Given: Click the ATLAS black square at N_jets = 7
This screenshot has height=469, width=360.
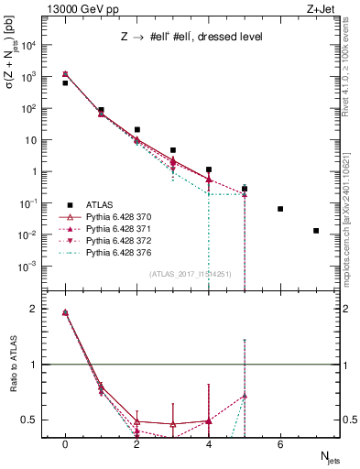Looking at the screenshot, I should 316,231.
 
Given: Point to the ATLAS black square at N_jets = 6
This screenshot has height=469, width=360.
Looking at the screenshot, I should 280,209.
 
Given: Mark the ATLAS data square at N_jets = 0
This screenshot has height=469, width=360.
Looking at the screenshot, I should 65,83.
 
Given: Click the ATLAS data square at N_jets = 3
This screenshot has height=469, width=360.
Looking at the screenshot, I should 173,150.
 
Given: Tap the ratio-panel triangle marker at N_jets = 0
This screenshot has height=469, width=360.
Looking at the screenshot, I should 65,312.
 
